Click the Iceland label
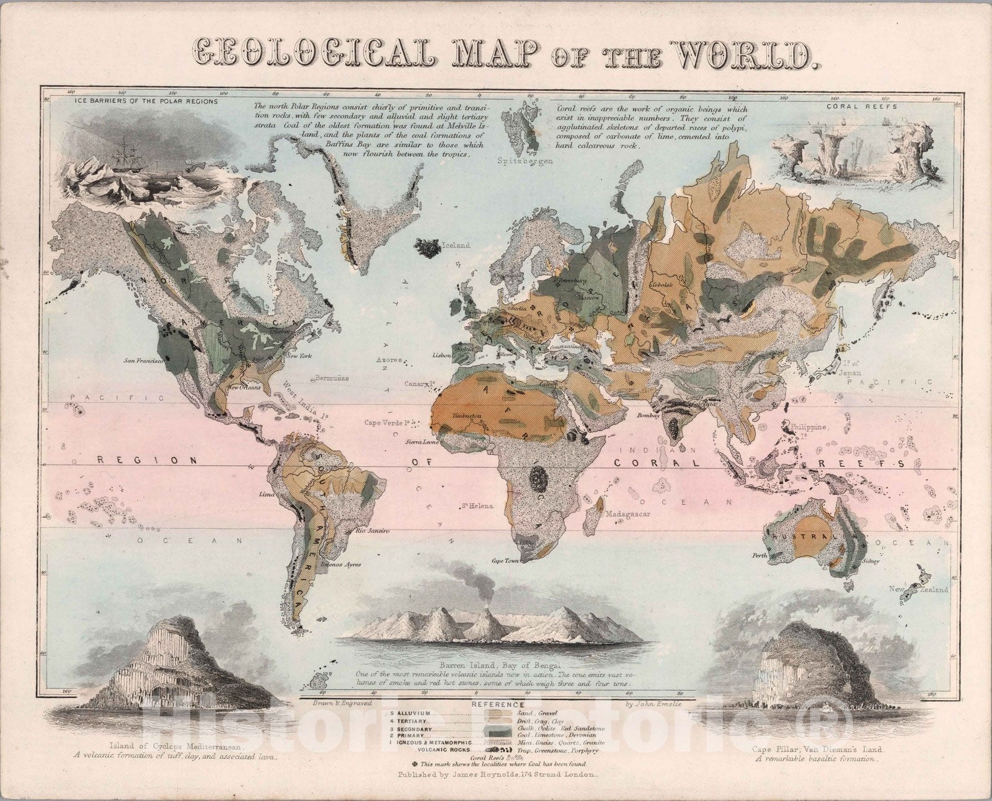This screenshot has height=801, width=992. pyautogui.click(x=458, y=245)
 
